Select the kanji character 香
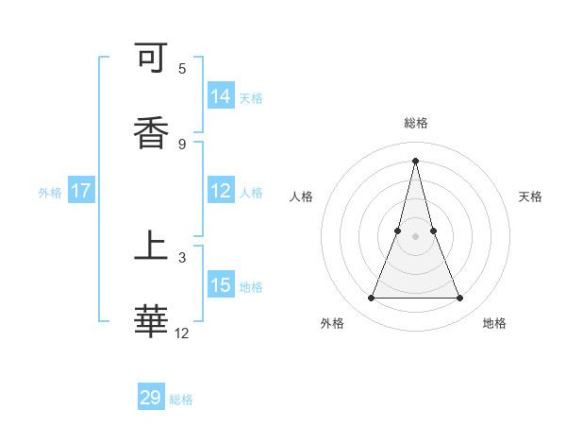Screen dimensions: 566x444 tap(152, 132)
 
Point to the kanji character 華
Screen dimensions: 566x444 tap(152, 320)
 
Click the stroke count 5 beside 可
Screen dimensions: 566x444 tap(182, 69)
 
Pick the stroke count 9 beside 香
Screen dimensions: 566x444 tap(182, 144)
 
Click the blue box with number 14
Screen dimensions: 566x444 tap(221, 96)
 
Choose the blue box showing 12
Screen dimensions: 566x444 tap(221, 191)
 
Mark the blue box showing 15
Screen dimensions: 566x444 tap(221, 284)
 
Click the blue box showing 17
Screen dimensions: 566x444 tap(81, 191)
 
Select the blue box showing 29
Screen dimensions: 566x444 tap(151, 398)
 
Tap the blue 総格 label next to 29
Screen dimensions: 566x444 tap(181, 400)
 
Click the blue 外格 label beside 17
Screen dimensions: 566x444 tap(50, 193)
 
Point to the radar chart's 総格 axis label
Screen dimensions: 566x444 tap(415, 123)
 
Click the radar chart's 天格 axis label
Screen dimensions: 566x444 tap(530, 196)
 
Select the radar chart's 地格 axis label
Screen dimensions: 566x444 tap(494, 323)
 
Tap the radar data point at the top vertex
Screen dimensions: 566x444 tap(415, 160)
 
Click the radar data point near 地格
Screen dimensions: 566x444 tap(460, 299)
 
